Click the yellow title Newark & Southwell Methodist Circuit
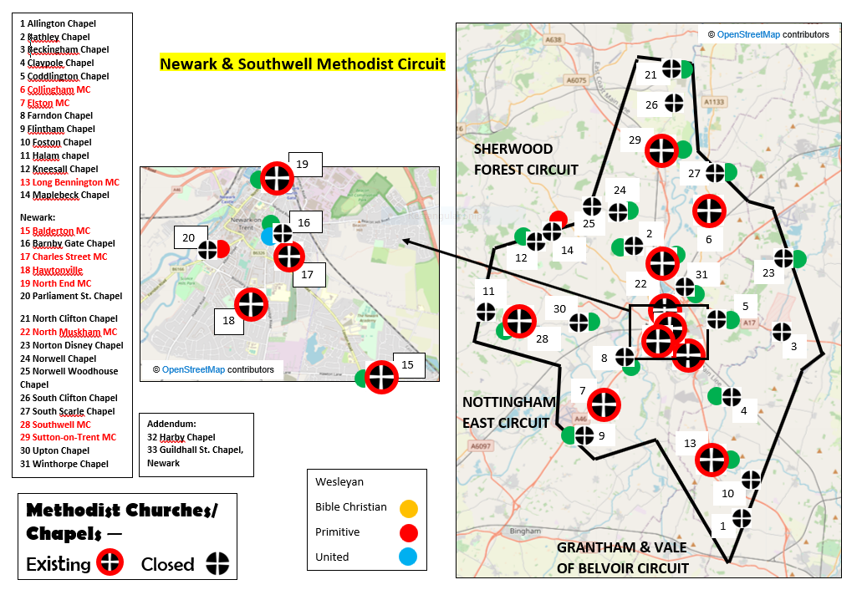(x=303, y=64)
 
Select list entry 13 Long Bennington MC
(x=70, y=182)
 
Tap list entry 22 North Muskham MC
(x=69, y=332)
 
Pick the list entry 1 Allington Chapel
(x=58, y=24)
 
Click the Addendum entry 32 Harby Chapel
(x=181, y=437)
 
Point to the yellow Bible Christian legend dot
(x=408, y=507)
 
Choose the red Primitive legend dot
(x=408, y=532)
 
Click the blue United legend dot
(x=408, y=557)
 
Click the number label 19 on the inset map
(x=303, y=165)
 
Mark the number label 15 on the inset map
(x=408, y=364)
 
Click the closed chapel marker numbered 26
(x=674, y=104)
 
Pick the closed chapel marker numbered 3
(x=782, y=332)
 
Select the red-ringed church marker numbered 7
(x=604, y=405)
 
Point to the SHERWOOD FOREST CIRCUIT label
(x=526, y=159)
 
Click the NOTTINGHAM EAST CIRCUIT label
(x=508, y=412)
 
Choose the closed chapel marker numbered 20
(x=207, y=249)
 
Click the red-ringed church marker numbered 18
(x=252, y=304)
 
